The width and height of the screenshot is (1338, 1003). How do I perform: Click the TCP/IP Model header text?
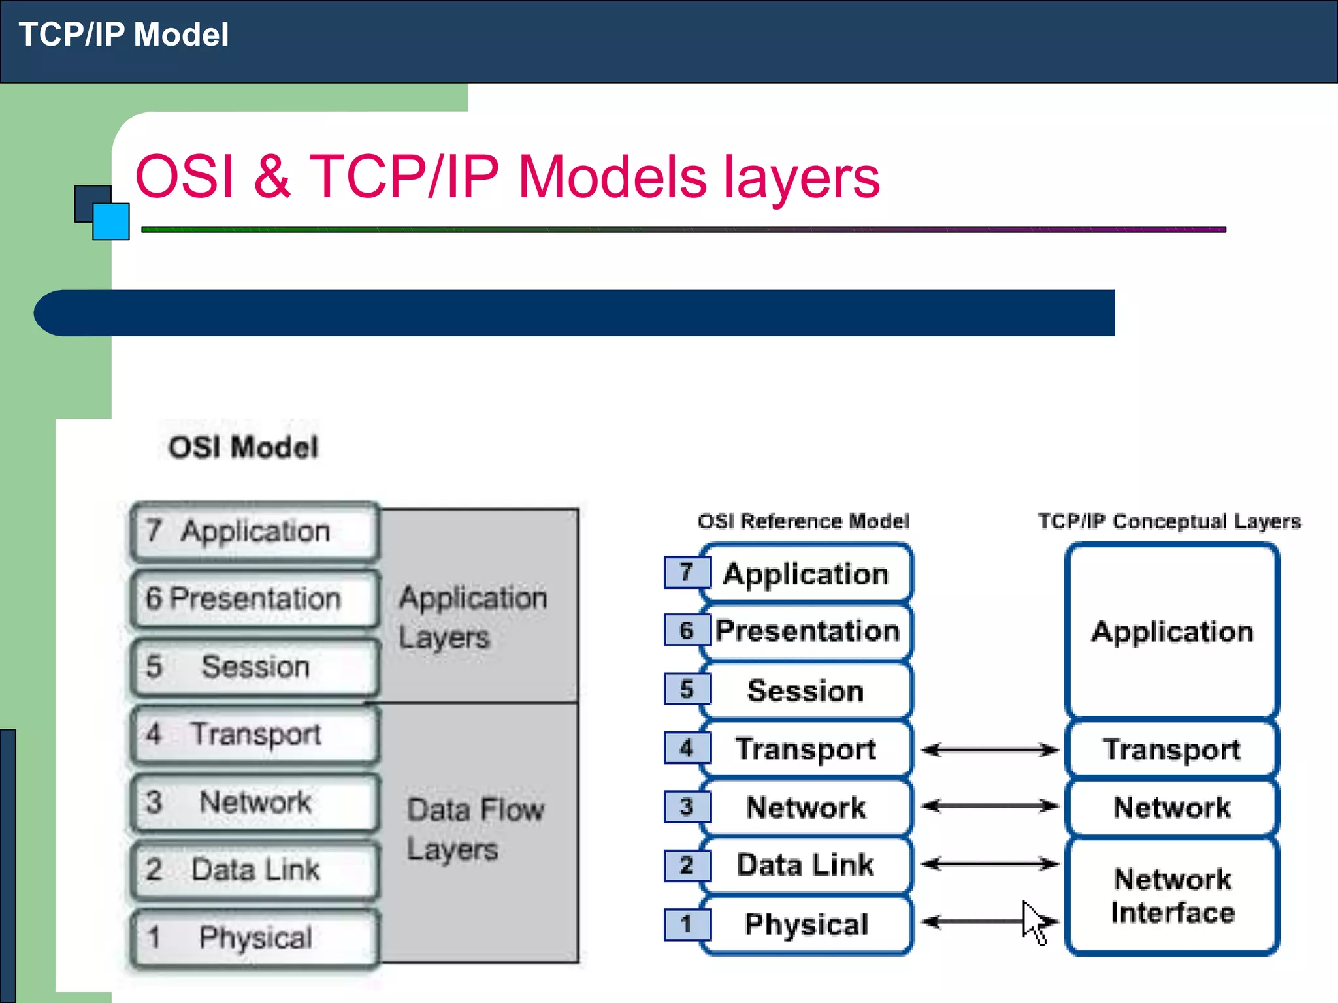tap(123, 35)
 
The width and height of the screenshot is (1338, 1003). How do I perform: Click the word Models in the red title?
tap(612, 177)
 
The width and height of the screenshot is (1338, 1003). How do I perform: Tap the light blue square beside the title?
tap(111, 222)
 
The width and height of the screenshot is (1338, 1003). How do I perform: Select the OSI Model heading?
tap(243, 448)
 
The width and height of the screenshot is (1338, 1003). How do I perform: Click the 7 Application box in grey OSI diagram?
tap(254, 532)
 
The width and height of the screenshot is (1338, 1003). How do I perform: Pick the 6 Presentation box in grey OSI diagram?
tap(254, 599)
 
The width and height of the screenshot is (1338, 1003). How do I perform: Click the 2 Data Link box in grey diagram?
tap(254, 870)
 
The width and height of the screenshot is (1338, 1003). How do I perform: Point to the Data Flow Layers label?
tap(475, 829)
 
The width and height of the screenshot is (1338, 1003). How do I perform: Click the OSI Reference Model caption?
tap(803, 521)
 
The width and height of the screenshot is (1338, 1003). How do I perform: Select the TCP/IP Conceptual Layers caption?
tap(1169, 521)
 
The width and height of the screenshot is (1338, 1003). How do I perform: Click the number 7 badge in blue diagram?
tap(687, 572)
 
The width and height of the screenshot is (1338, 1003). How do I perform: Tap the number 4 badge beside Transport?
tap(687, 748)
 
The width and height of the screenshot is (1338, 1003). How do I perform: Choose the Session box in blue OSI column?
tap(806, 691)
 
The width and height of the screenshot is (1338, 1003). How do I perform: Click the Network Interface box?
tap(1172, 896)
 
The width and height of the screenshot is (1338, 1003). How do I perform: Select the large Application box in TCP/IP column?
tap(1172, 631)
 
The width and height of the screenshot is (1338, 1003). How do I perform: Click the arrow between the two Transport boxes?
tap(989, 750)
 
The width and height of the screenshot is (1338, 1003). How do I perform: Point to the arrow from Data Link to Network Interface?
tap(989, 864)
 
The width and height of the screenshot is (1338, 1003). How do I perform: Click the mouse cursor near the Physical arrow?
tap(1033, 921)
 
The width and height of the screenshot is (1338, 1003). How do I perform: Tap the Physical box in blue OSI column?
tap(806, 925)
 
